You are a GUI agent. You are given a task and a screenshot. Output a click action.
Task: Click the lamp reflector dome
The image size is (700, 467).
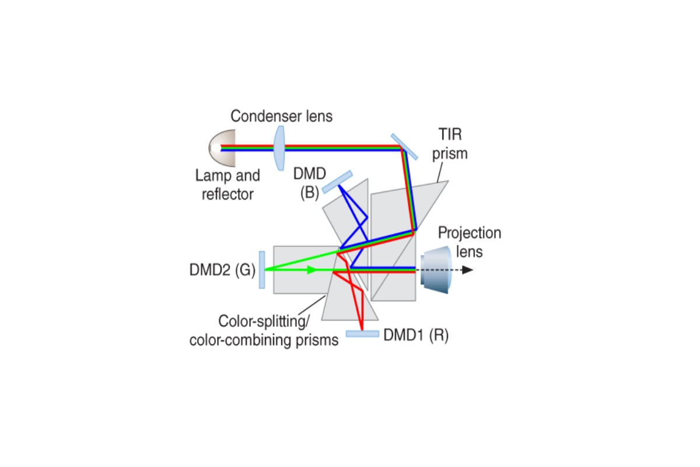coord(222,148)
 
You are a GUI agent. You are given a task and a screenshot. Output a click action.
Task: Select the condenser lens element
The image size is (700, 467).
coord(279,148)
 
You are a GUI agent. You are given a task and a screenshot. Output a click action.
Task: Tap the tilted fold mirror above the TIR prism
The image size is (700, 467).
coord(404,147)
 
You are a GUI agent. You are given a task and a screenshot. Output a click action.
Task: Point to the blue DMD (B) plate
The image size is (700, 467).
coord(337,182)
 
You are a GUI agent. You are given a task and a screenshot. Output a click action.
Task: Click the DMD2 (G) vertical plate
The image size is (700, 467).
coord(262,270)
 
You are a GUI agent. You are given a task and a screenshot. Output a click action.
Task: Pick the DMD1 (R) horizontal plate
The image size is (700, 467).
coord(362,334)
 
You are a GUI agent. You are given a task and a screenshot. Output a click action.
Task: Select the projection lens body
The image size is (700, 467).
coord(436,270)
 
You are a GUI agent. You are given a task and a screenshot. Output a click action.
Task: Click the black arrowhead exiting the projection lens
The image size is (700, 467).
coord(467,270)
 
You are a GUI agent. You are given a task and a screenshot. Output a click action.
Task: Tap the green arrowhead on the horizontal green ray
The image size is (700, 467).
coord(312,270)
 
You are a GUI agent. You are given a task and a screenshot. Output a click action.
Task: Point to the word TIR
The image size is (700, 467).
coord(450,134)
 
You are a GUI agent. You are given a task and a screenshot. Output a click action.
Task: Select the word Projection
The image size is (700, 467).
coord(470,233)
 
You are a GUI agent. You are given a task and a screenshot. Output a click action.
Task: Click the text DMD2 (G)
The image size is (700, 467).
coord(222,270)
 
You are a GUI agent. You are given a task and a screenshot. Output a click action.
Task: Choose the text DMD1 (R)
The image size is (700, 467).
coord(416,335)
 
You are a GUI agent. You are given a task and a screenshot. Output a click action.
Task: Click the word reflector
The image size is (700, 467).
coord(228,194)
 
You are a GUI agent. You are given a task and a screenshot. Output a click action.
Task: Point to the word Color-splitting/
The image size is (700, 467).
coord(264,321)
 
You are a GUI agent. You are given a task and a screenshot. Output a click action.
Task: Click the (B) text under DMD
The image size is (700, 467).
coord(310,193)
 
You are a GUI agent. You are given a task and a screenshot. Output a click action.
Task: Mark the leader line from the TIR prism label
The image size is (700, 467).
coord(440,172)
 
